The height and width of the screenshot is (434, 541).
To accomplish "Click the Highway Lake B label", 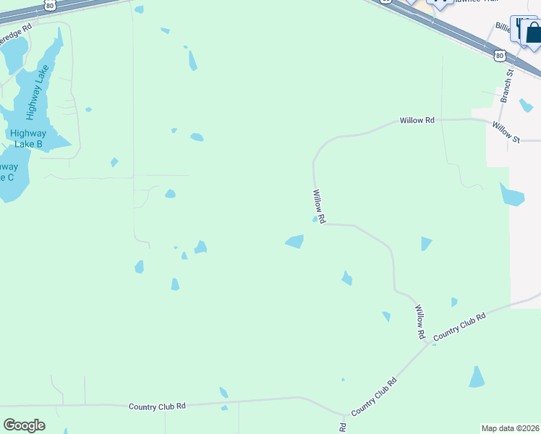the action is click(x=27, y=139).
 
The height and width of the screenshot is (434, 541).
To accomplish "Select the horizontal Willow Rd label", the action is click(x=417, y=121).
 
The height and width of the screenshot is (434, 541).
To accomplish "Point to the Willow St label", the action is click(x=506, y=131).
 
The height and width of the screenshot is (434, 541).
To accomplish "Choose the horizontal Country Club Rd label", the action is click(x=157, y=407).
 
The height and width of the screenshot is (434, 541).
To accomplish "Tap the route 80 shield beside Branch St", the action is click(x=499, y=55).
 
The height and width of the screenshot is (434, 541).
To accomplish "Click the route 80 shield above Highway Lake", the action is click(x=49, y=4).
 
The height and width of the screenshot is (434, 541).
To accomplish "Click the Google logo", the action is click(x=24, y=425).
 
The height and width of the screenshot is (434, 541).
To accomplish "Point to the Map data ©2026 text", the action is click(x=510, y=428).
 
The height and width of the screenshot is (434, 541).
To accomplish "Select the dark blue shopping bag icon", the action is click(x=534, y=33).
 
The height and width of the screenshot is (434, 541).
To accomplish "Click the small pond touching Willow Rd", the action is click(x=315, y=219).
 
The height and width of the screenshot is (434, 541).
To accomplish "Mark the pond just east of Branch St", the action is click(x=526, y=106).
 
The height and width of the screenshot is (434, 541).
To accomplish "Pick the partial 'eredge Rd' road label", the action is click(x=16, y=31).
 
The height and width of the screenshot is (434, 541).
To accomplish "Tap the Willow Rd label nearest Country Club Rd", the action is click(x=419, y=323).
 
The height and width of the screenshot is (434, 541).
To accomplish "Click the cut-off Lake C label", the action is click(x=9, y=171).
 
